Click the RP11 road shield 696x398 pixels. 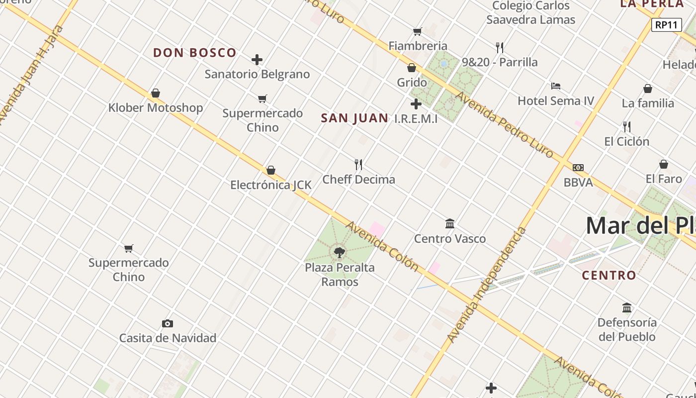click(x=666, y=25)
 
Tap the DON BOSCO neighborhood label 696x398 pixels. click(x=194, y=53)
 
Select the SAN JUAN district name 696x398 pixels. click(x=354, y=118)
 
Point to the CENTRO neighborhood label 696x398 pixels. click(x=609, y=275)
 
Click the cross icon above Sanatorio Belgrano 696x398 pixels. click(x=257, y=60)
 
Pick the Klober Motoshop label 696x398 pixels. click(x=156, y=107)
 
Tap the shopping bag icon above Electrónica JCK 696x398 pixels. click(x=271, y=171)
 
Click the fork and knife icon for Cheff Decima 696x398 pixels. click(x=358, y=164)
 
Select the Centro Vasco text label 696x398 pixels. click(x=450, y=239)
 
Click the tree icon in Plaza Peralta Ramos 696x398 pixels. click(x=340, y=252)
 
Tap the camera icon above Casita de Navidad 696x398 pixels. click(x=168, y=323)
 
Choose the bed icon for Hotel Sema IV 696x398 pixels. click(x=556, y=86)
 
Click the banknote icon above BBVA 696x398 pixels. click(x=578, y=168)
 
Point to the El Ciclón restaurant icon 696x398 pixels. click(x=627, y=126)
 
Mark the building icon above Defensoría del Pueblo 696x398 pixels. click(x=627, y=307)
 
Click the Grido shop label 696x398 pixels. click(x=412, y=82)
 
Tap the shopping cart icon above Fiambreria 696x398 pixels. click(x=418, y=31)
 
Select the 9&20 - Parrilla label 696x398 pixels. click(x=500, y=62)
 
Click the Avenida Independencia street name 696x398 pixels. click(x=487, y=285)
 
